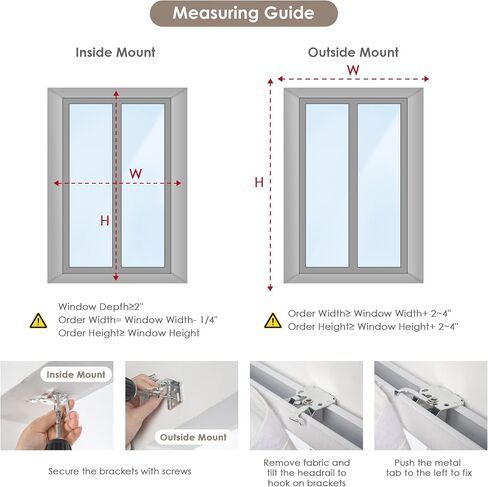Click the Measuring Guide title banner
(x=244, y=13)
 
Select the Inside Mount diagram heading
(x=115, y=52)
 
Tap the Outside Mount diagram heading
(x=353, y=52)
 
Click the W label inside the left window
(x=136, y=174)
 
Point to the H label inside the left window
(x=105, y=221)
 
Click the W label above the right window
(x=353, y=70)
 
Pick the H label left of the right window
(x=259, y=182)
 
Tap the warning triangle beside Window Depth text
(x=38, y=320)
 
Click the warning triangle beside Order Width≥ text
(x=273, y=320)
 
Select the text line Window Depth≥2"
(x=101, y=307)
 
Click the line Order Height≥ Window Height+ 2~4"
(x=373, y=327)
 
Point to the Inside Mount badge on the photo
(x=76, y=375)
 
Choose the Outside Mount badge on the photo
(x=193, y=437)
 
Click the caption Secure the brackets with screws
(x=120, y=471)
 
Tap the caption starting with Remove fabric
(x=307, y=473)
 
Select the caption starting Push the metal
(x=429, y=468)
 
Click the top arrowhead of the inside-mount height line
(x=116, y=94)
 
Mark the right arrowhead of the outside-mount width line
(x=426, y=79)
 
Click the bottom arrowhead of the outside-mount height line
(x=270, y=288)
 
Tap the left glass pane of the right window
(x=327, y=185)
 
